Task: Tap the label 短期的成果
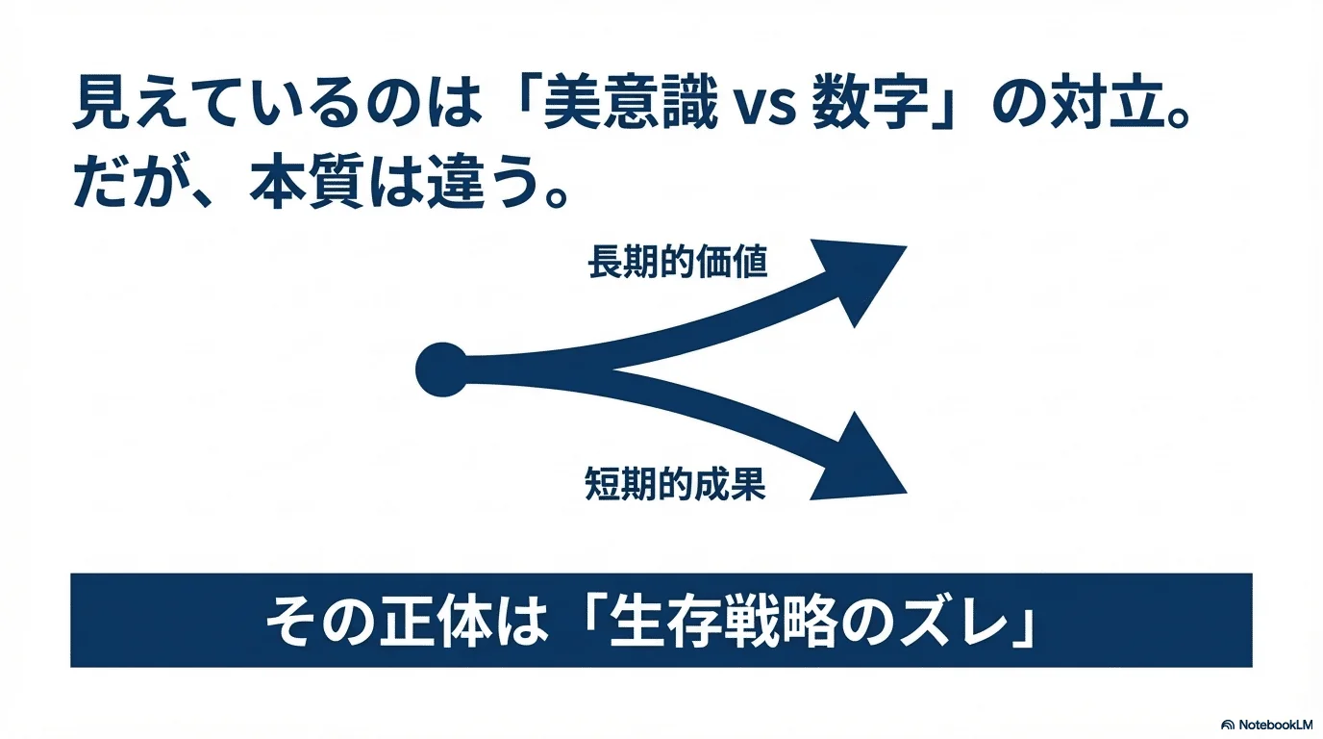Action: [675, 484]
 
